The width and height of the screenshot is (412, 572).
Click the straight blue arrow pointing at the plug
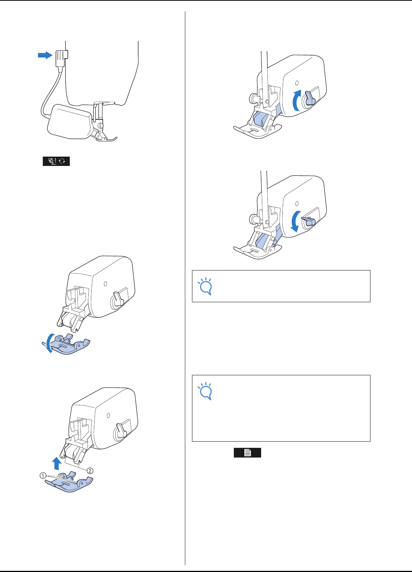pyautogui.click(x=45, y=55)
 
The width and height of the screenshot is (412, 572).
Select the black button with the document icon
pyautogui.click(x=247, y=453)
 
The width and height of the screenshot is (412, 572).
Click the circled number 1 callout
pyautogui.click(x=43, y=475)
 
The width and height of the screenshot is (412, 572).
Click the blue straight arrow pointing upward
pyautogui.click(x=56, y=463)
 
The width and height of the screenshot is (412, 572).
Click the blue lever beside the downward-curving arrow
pyautogui.click(x=309, y=220)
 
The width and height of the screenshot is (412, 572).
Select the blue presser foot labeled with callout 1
pyautogui.click(x=69, y=484)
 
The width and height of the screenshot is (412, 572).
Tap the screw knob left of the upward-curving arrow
pyautogui.click(x=253, y=99)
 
